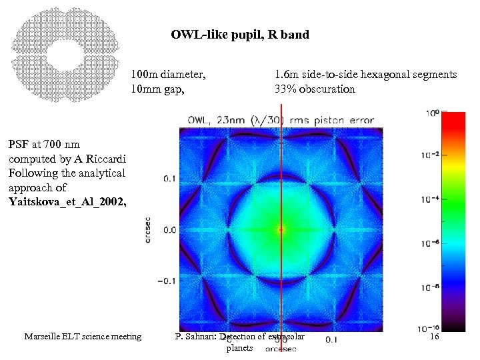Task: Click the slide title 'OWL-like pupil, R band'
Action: (240, 35)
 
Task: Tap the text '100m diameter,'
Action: (168, 75)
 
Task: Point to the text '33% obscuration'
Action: (315, 89)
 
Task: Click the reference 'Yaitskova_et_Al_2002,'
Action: (67, 203)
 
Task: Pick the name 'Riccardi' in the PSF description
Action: (104, 159)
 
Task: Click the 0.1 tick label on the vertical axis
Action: (170, 179)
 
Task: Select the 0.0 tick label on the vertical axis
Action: (170, 229)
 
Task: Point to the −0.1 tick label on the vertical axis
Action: (167, 280)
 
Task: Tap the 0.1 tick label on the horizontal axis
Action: (332, 339)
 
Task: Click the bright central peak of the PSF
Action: (281, 229)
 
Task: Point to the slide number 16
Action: (434, 337)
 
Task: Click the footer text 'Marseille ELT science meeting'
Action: (83, 337)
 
